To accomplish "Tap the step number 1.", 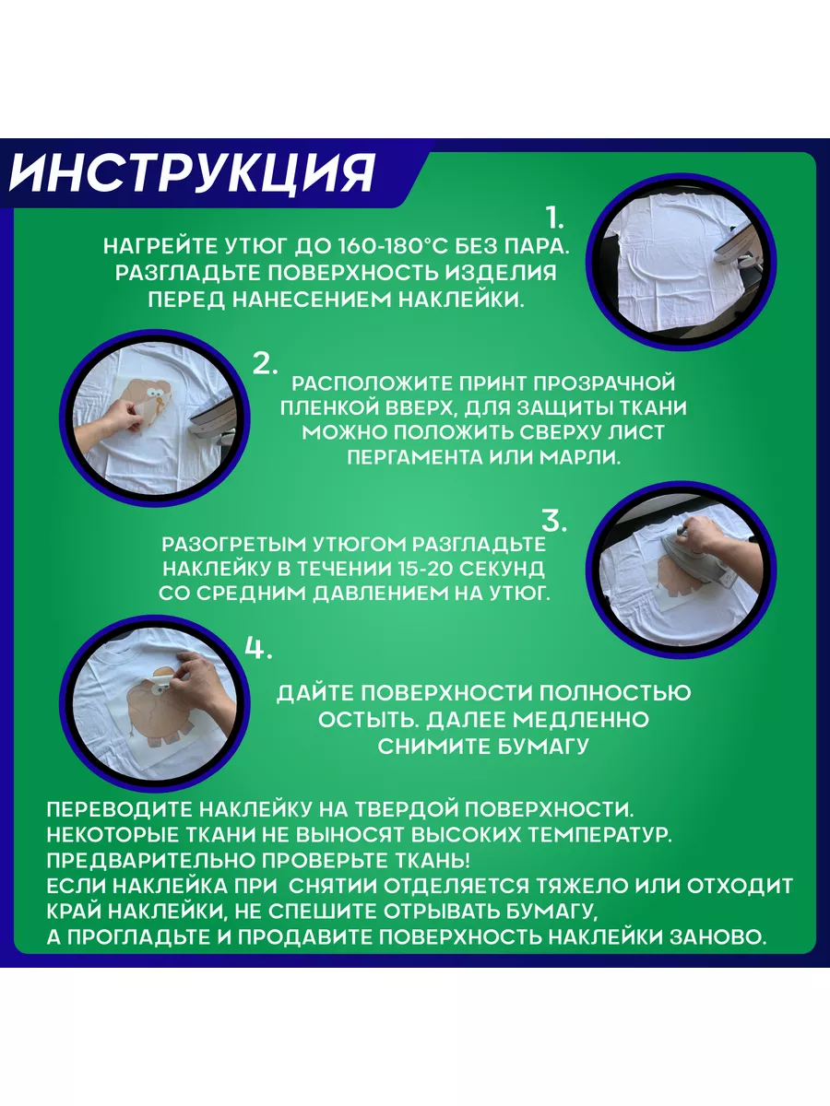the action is (555, 218).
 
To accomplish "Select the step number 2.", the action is (265, 363).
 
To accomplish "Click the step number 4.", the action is (258, 648).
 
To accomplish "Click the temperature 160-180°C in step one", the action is (380, 247).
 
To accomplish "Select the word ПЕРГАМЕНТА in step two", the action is (415, 457).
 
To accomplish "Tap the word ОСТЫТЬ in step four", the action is (369, 720).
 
